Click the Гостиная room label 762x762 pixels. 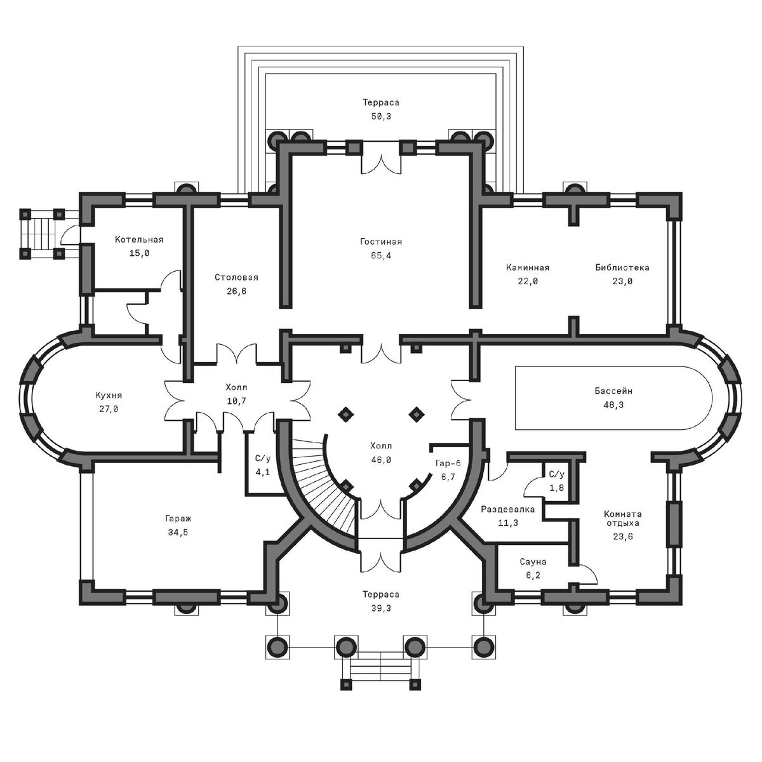click(381, 241)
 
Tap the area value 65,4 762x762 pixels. click(381, 255)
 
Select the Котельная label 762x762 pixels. click(139, 239)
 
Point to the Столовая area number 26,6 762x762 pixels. click(236, 291)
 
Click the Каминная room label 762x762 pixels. click(528, 267)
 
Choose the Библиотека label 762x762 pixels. click(622, 267)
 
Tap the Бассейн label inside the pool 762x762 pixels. click(613, 391)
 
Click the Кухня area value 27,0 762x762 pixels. click(109, 409)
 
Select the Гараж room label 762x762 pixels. click(178, 518)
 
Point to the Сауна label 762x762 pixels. click(533, 561)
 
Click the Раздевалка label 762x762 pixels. click(508, 509)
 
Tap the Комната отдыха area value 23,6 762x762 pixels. click(622, 537)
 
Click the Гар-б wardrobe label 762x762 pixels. click(448, 463)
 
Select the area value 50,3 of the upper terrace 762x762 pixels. click(381, 116)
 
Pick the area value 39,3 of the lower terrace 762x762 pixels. click(381, 608)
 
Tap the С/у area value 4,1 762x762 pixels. click(262, 472)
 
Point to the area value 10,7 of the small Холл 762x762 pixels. click(236, 401)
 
